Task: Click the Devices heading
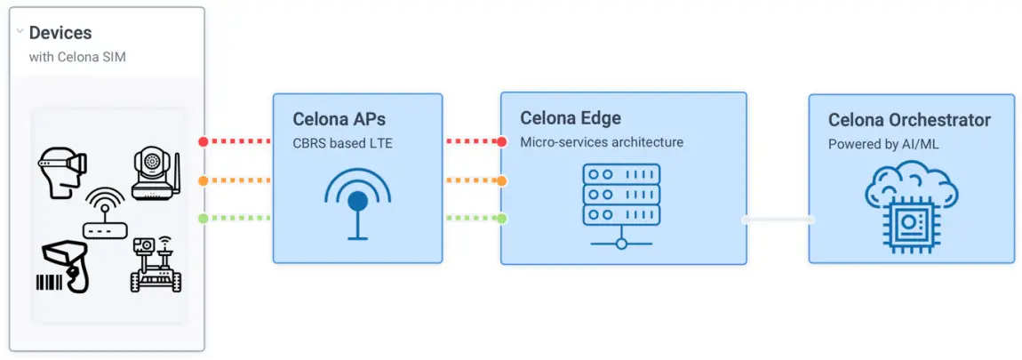tap(60, 33)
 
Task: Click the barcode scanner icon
tap(63, 268)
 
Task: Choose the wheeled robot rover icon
tap(156, 264)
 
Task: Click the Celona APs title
tap(339, 119)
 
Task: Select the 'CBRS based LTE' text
tap(342, 142)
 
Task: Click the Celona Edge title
tap(571, 118)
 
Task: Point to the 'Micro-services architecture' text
tap(602, 141)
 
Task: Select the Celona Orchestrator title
tap(909, 120)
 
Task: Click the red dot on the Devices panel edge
tap(204, 141)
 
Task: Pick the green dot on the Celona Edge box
tap(502, 219)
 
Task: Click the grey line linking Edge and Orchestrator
tap(778, 219)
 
